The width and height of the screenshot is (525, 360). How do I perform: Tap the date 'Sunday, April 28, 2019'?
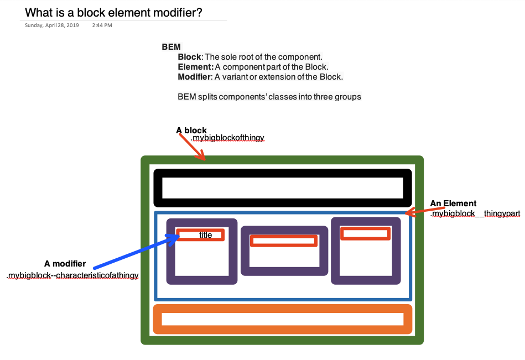[x=52, y=25]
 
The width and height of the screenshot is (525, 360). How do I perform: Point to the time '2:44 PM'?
[x=102, y=25]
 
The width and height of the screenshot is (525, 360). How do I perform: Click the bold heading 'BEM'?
[x=171, y=47]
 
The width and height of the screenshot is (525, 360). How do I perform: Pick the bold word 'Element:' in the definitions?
[x=195, y=67]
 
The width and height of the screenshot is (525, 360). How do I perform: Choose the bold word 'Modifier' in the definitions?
[x=194, y=77]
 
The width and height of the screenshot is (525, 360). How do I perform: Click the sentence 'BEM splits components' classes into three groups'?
[x=269, y=97]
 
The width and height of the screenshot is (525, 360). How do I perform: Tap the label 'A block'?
[x=191, y=131]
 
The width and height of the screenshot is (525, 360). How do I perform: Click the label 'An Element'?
[x=453, y=204]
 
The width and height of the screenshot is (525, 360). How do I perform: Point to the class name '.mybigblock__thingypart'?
[x=475, y=213]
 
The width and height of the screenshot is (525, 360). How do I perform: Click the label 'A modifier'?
[x=65, y=264]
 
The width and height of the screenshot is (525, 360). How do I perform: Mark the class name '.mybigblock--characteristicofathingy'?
[x=72, y=275]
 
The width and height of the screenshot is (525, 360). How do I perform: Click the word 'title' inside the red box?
[x=205, y=235]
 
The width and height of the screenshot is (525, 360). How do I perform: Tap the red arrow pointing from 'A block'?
[x=192, y=147]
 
